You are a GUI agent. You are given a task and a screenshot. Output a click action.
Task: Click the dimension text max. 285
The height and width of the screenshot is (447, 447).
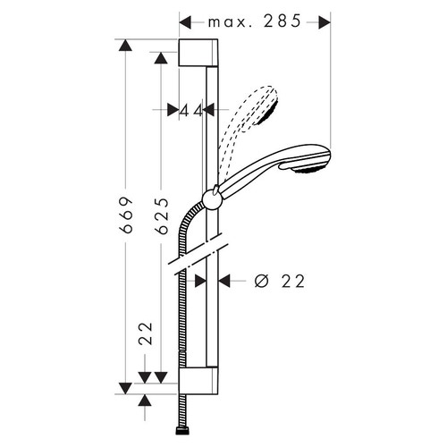tap(256, 21)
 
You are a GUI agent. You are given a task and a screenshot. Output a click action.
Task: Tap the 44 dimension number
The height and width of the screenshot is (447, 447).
tap(189, 111)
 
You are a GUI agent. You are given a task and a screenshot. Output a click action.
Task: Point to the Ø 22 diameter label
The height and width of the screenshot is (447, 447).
tap(280, 281)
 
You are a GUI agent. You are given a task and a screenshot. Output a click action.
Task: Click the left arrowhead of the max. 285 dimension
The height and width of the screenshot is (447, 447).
tap(184, 21)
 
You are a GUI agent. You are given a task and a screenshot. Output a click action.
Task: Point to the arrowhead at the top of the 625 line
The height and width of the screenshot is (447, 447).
tap(162, 57)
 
